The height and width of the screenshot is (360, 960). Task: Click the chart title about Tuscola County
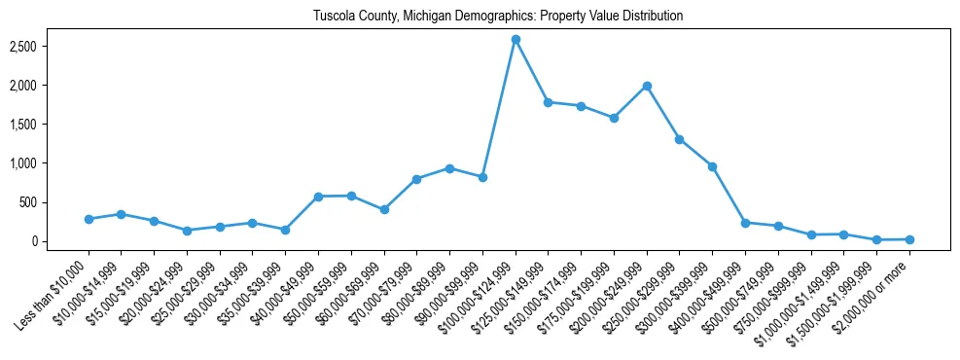click(x=498, y=17)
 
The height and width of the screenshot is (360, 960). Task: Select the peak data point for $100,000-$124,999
click(x=516, y=39)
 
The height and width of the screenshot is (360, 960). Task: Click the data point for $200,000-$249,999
click(x=647, y=86)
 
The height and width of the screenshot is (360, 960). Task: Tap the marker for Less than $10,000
click(x=89, y=219)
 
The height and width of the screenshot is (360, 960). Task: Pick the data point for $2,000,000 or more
click(x=909, y=239)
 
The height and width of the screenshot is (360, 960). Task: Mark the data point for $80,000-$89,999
click(x=449, y=168)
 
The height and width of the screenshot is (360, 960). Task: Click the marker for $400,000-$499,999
click(x=745, y=223)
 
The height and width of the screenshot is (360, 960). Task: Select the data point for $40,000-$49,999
click(x=318, y=197)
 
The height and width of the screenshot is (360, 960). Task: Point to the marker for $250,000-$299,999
click(x=680, y=139)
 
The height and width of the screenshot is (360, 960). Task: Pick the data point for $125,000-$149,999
click(x=549, y=102)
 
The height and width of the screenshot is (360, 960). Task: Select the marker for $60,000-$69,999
click(x=384, y=209)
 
